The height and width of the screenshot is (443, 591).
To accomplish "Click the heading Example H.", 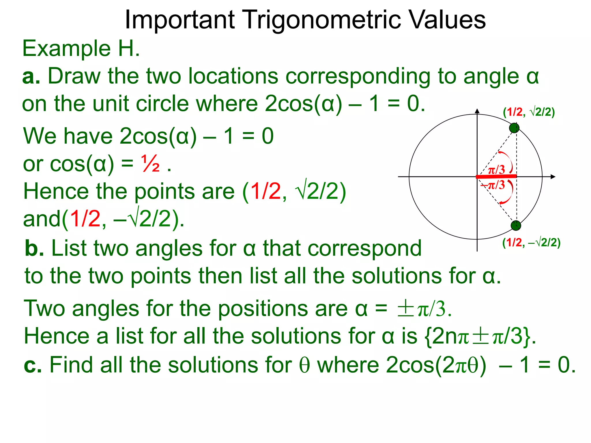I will tap(81, 48).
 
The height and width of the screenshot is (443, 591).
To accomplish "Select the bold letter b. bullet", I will tap(34, 249).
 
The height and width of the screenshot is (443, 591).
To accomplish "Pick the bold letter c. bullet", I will tap(33, 365).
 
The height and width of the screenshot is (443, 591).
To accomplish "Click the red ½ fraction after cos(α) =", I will tap(150, 164).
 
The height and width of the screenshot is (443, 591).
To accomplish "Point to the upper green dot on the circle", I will tap(514, 128).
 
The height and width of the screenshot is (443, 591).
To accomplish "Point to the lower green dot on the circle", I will tap(516, 226).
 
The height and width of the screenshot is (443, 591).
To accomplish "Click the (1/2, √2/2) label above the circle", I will tap(529, 112).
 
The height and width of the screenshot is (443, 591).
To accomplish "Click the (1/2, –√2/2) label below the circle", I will tap(531, 243).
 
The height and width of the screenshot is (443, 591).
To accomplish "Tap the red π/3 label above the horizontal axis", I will tap(496, 170).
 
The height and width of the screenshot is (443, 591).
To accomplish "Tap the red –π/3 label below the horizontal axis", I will tap(493, 185).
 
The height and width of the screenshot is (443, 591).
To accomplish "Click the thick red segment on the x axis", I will tap(496, 176).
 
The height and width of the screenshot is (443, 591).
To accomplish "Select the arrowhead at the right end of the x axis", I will tap(553, 177).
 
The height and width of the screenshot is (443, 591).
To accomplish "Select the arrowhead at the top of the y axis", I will tap(477, 111).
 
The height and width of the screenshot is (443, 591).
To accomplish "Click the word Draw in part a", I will tap(74, 76).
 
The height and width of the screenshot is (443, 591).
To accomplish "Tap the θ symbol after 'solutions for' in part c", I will tap(304, 365).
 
